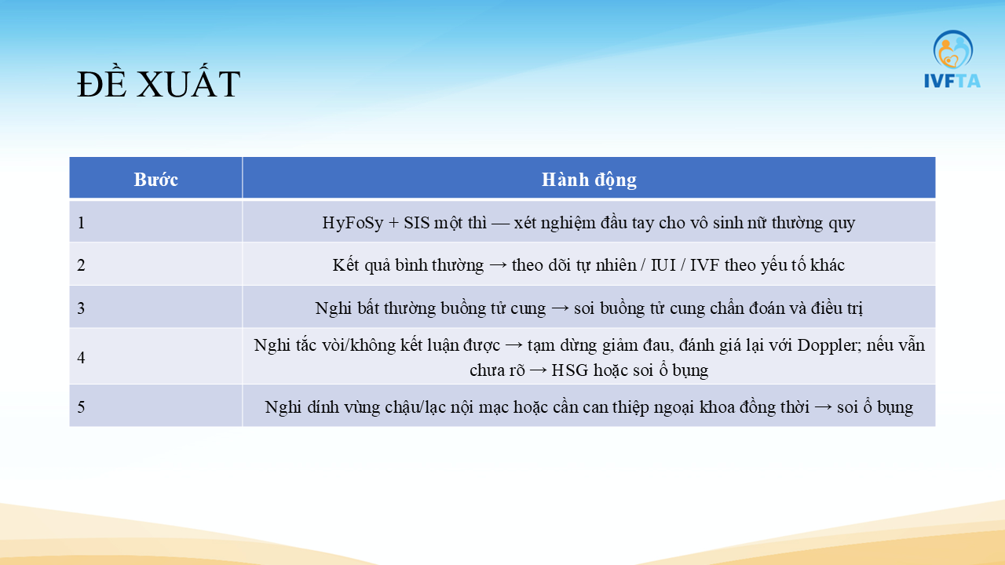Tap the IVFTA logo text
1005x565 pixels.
(x=952, y=81)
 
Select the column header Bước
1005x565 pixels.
(x=155, y=180)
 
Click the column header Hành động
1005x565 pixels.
(x=589, y=180)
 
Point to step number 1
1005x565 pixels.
(x=81, y=222)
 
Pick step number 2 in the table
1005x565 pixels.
(x=81, y=265)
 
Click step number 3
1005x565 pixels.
(x=81, y=308)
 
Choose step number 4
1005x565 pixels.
(x=81, y=357)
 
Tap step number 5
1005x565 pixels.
(x=81, y=407)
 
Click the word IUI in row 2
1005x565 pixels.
(x=663, y=265)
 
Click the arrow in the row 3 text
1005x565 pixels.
(x=560, y=309)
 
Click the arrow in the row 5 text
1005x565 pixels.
(x=823, y=407)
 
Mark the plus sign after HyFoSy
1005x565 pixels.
(x=393, y=223)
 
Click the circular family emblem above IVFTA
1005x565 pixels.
(x=953, y=49)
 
